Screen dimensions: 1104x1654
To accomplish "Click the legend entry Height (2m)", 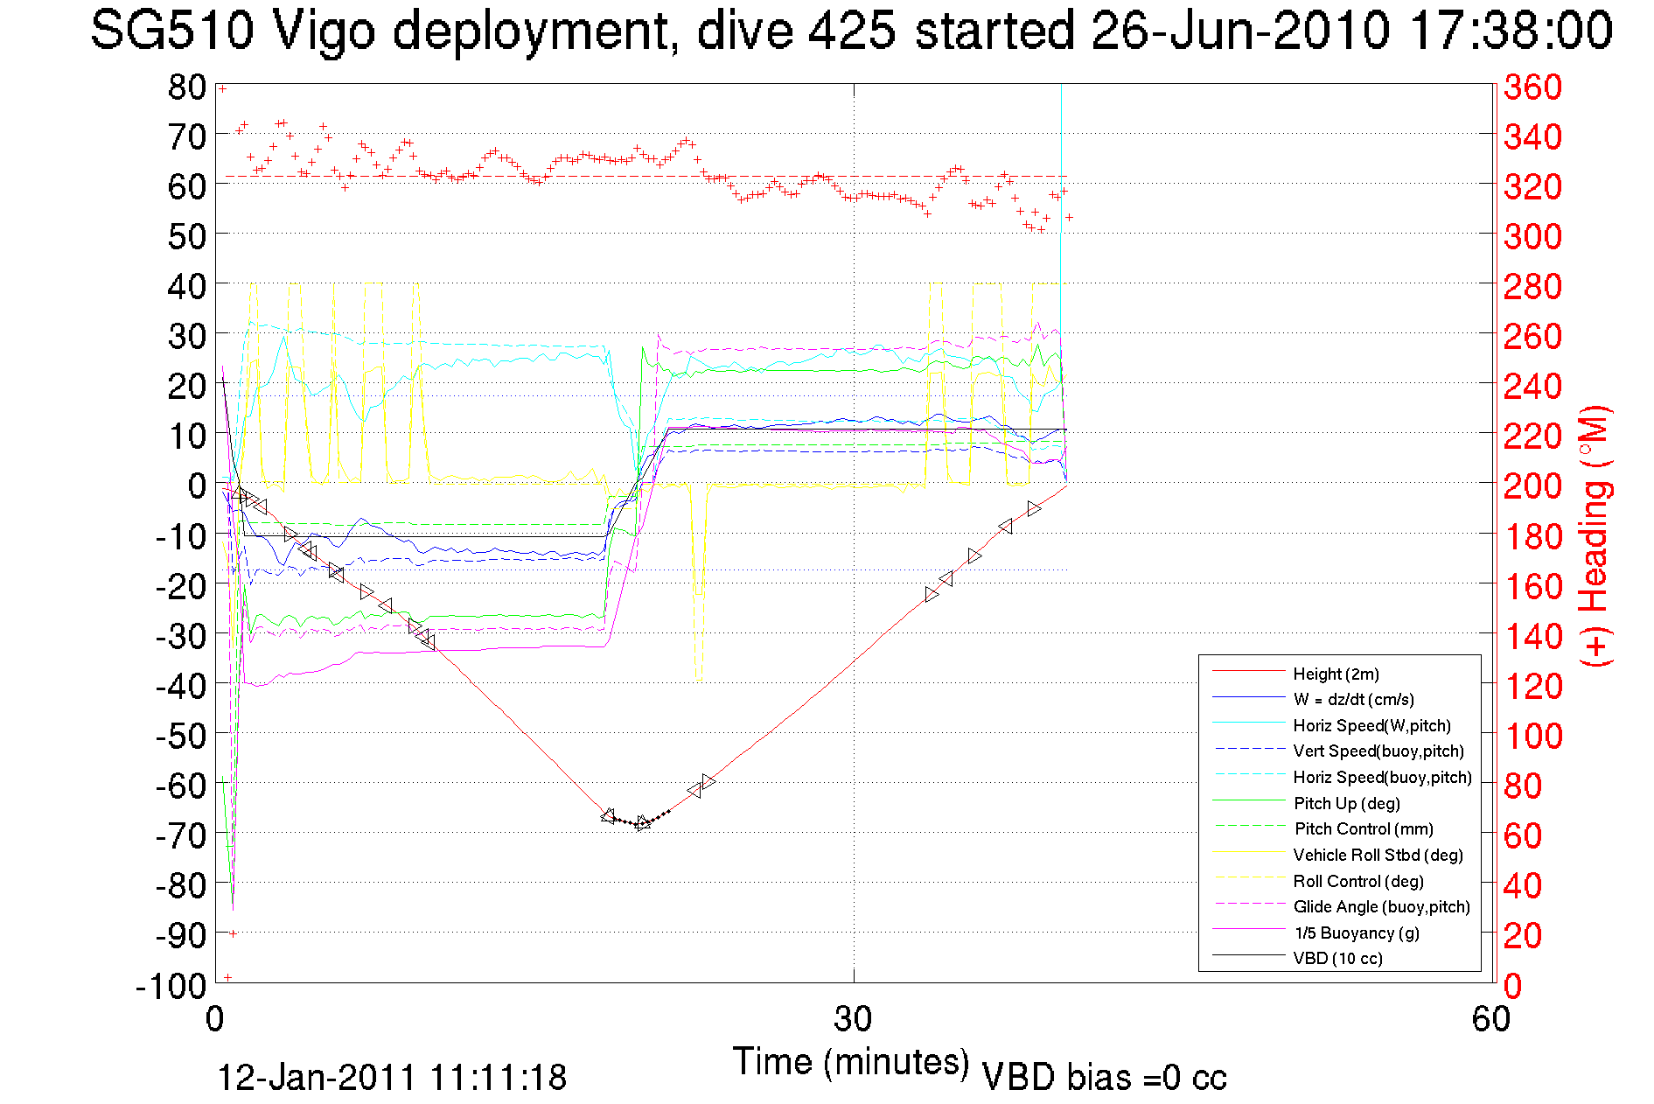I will [1336, 674].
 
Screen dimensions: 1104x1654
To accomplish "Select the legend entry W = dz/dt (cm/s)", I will [1353, 699].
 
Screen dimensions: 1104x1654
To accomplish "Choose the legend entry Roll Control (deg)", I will [1357, 881].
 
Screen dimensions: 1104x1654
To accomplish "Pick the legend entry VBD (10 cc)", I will [1337, 958].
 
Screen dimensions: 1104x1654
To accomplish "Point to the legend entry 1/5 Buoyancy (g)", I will [1356, 933].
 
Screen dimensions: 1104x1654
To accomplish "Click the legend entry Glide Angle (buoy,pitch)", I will [1381, 906].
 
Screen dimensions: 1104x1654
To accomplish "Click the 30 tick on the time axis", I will [853, 1018].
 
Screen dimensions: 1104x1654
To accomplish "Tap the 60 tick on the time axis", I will [1490, 1018].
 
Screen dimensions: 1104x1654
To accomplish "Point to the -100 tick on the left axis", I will [171, 986].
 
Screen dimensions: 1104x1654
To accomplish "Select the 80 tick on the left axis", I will [186, 87].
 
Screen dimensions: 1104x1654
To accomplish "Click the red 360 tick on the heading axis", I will [1532, 87].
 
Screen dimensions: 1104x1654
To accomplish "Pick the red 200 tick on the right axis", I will [1532, 486].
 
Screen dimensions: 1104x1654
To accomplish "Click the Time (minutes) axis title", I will [851, 1061].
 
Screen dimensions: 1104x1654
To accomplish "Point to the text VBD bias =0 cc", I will [1104, 1078].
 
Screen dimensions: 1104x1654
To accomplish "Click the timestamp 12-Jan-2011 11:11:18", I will [392, 1078].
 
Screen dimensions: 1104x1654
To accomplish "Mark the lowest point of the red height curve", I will [640, 825].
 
